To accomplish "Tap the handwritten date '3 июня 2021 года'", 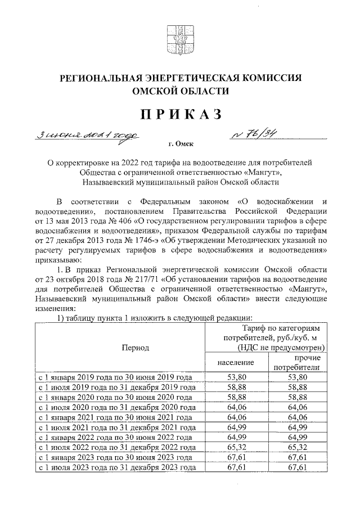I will [x=87, y=136].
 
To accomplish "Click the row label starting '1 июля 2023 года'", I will [x=116, y=468].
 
